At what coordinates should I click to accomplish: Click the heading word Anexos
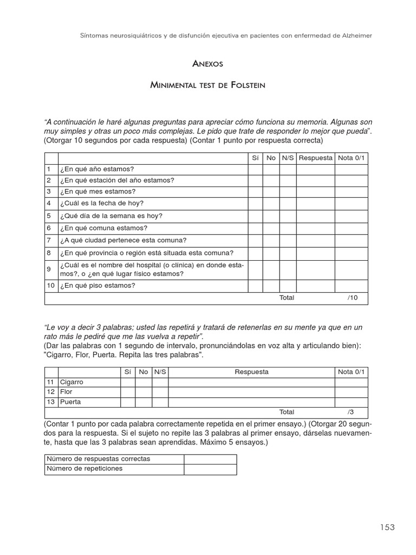point(207,64)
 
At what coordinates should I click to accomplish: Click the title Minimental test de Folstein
point(207,86)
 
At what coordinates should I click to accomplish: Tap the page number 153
point(387,527)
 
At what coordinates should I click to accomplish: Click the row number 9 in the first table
point(49,269)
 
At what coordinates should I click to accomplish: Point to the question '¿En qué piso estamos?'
point(98,286)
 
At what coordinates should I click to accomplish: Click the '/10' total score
point(353,298)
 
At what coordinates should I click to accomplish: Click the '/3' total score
point(351,412)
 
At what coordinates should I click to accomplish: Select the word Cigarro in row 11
point(71,382)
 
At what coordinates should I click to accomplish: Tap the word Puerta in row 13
point(70,402)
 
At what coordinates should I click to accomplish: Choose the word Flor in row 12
point(66,392)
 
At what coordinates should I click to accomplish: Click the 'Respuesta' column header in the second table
point(251,372)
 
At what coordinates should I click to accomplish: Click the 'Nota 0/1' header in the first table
point(351,158)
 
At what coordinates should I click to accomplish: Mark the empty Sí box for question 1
point(255,169)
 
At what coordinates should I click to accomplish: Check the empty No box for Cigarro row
point(143,382)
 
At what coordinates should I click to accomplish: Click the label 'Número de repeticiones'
point(84,469)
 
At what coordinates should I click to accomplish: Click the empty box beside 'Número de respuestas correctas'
point(210,459)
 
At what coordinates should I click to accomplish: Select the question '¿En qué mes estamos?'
point(98,192)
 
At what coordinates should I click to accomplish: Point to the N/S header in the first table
point(287,158)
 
